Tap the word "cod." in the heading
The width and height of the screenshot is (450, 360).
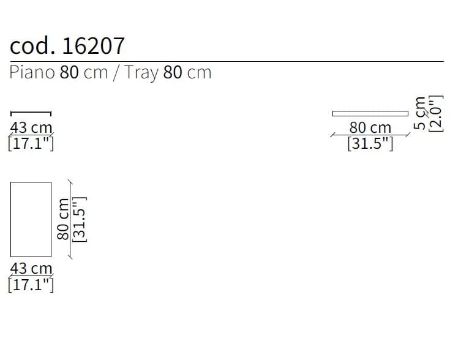pyautogui.click(x=33, y=46)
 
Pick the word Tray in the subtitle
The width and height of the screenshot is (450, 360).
pyautogui.click(x=141, y=72)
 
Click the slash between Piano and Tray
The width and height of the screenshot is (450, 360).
pyautogui.click(x=116, y=72)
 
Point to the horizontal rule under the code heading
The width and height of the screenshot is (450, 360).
pyautogui.click(x=227, y=62)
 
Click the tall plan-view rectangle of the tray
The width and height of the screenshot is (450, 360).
pyautogui.click(x=31, y=219)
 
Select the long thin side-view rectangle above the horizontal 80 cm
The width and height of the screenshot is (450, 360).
pyautogui.click(x=370, y=113)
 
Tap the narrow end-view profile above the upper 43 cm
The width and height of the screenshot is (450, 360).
pyautogui.click(x=31, y=113)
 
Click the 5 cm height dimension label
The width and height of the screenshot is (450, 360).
pyautogui.click(x=420, y=113)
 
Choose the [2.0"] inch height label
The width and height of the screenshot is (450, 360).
pyautogui.click(x=435, y=113)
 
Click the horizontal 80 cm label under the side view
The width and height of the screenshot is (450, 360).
pyautogui.click(x=370, y=128)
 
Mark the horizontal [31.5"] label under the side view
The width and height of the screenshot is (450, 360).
pyautogui.click(x=370, y=144)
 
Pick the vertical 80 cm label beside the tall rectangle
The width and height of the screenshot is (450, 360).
pyautogui.click(x=62, y=219)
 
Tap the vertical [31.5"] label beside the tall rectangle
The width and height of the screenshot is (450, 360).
pyautogui.click(x=80, y=219)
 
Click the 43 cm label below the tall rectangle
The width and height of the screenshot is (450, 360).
pyautogui.click(x=31, y=268)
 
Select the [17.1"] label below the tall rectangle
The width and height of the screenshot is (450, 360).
pyautogui.click(x=31, y=285)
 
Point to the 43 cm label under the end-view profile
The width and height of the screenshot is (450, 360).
pyautogui.click(x=31, y=128)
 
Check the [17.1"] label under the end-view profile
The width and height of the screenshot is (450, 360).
pyautogui.click(x=31, y=144)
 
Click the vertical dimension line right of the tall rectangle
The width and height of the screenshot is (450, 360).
pyautogui.click(x=70, y=219)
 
